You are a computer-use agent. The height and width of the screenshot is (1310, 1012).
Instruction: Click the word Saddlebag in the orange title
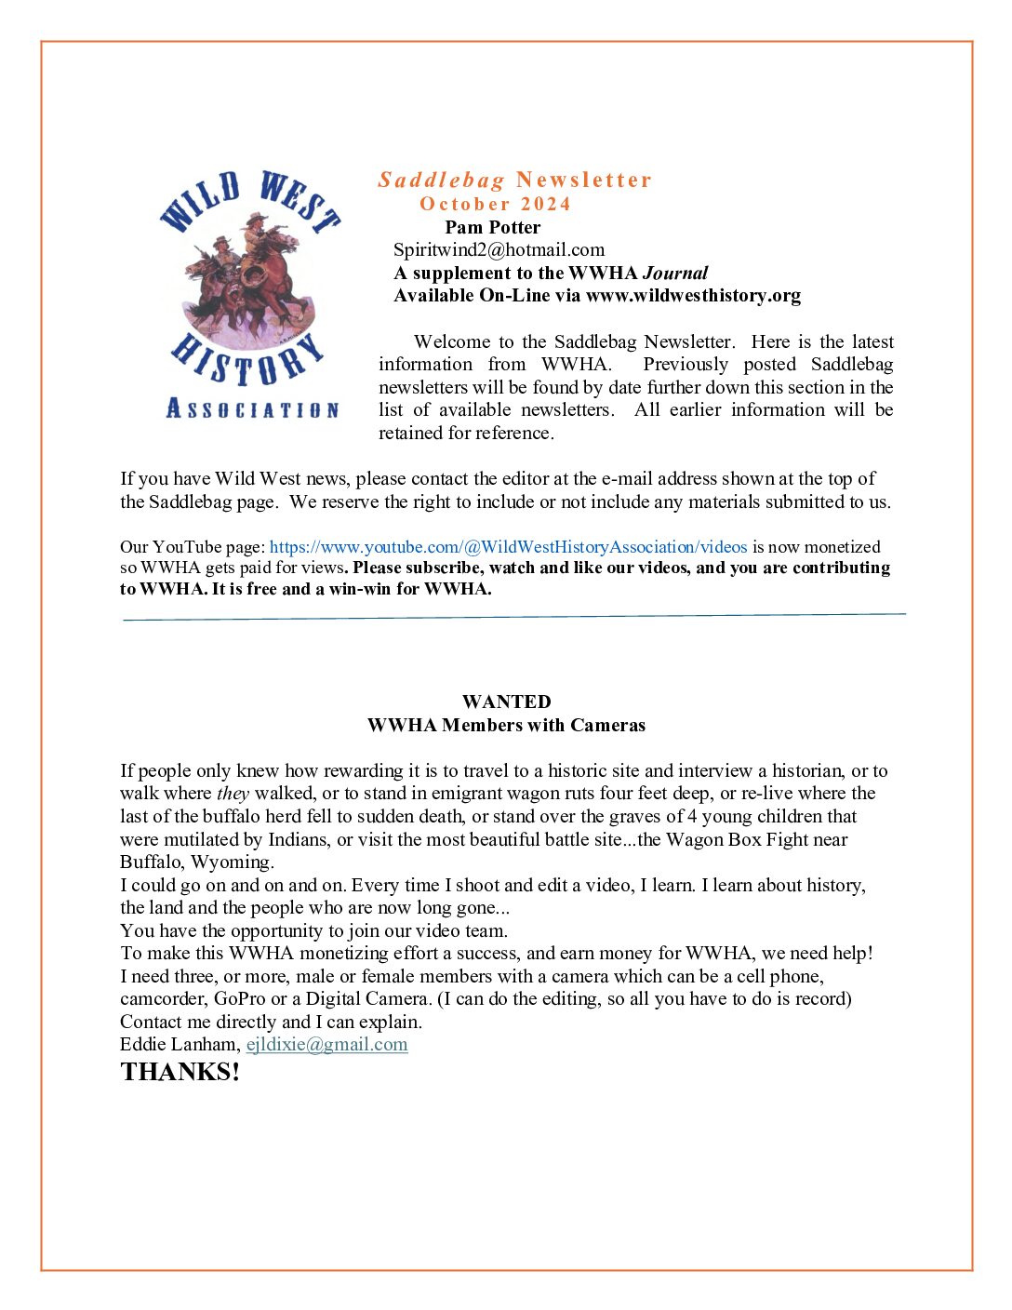pyautogui.click(x=441, y=180)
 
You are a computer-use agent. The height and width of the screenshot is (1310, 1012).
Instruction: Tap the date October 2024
pyautogui.click(x=495, y=204)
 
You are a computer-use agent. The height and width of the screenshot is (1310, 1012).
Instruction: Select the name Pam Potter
pyautogui.click(x=492, y=227)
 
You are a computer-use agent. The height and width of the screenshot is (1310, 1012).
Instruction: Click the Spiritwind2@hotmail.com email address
pyautogui.click(x=499, y=249)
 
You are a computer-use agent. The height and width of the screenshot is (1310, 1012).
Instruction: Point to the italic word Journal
pyautogui.click(x=675, y=273)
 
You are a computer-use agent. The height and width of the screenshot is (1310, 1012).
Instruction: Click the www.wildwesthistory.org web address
pyautogui.click(x=693, y=296)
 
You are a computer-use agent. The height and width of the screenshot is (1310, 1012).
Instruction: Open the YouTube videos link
pyautogui.click(x=508, y=547)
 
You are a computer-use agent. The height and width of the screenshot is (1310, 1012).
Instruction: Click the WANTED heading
pyautogui.click(x=506, y=702)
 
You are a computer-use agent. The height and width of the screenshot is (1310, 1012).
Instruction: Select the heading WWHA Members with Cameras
pyautogui.click(x=506, y=725)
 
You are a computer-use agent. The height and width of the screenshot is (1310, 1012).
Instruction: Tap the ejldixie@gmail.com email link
pyautogui.click(x=326, y=1044)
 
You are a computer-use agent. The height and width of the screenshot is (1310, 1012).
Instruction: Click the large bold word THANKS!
pyautogui.click(x=180, y=1072)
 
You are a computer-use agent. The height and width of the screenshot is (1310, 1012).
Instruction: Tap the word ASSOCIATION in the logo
pyautogui.click(x=252, y=408)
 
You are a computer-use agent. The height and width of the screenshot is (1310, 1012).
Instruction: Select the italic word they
pyautogui.click(x=233, y=794)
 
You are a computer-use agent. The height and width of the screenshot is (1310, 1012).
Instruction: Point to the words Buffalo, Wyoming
pyautogui.click(x=196, y=862)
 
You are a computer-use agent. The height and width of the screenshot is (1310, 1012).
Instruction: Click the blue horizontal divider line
pyautogui.click(x=513, y=616)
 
